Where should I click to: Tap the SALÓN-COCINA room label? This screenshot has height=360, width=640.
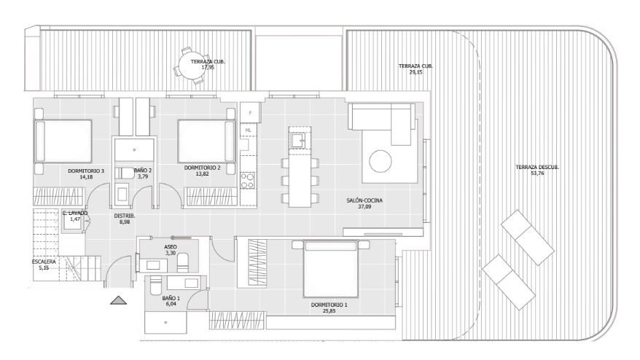(364, 200)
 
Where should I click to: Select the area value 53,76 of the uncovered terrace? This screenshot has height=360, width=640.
(536, 173)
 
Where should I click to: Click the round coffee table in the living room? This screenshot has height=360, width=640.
(381, 161)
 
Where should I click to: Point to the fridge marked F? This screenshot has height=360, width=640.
(250, 112)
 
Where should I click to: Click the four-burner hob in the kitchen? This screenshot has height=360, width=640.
(248, 181)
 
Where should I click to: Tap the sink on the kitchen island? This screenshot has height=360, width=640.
(299, 141)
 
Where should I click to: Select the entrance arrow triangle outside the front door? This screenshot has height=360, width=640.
(118, 300)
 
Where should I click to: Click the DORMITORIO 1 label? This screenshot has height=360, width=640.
(329, 305)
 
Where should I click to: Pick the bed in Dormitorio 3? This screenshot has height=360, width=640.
(63, 141)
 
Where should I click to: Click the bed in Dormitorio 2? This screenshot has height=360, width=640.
(207, 141)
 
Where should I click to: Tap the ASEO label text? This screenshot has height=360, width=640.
(170, 247)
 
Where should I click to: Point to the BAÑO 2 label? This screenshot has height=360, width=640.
(143, 171)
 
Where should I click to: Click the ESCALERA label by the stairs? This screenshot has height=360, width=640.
(44, 262)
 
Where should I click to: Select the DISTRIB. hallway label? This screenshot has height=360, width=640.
(125, 216)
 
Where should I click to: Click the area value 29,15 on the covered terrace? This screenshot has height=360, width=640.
(415, 72)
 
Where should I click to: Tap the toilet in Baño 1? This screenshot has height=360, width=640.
(155, 286)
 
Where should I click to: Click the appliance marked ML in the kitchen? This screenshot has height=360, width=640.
(248, 130)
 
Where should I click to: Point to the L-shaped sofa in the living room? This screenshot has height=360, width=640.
(383, 121)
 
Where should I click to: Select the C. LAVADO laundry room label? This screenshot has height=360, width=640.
(74, 214)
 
